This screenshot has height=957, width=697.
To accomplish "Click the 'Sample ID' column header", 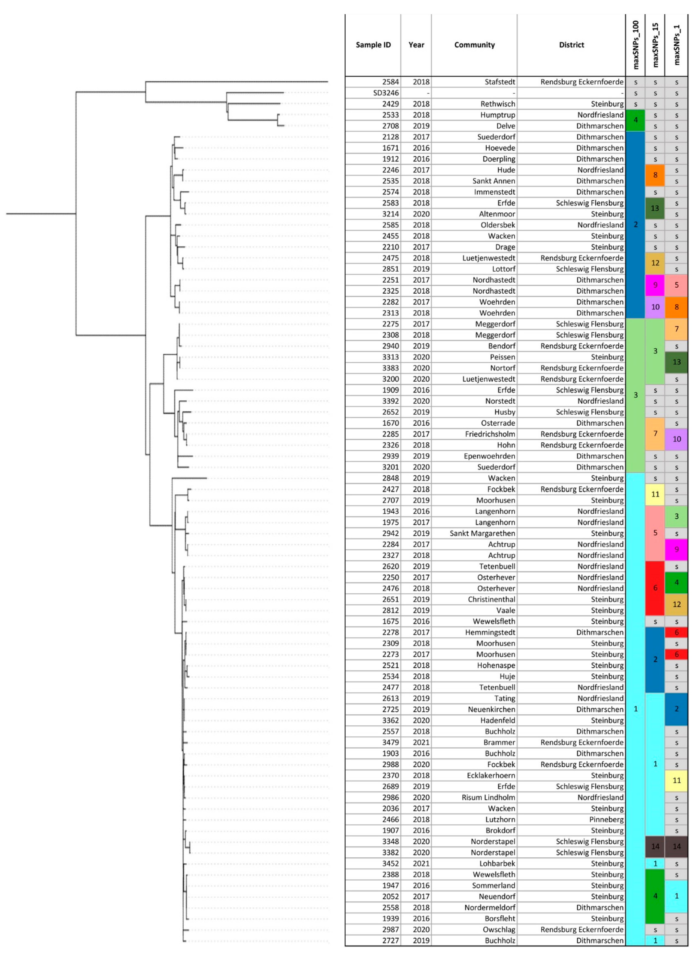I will tap(373, 45).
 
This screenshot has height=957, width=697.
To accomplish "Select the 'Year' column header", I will tap(416, 45).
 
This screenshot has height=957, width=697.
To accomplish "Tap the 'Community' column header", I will tap(474, 45).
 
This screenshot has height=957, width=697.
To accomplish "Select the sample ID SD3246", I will tap(386, 93).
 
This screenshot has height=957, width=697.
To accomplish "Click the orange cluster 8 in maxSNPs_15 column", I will tap(655, 175).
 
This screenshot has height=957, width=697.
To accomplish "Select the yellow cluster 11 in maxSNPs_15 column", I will tap(655, 494).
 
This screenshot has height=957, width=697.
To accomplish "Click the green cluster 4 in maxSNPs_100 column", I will tap(635, 120).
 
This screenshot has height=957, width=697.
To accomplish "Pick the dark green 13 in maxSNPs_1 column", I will tap(676, 362).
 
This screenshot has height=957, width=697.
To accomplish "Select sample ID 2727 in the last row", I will tap(390, 941).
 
